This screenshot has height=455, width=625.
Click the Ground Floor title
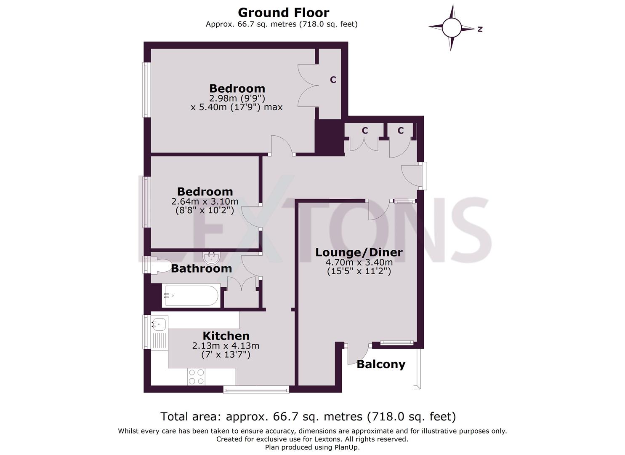[283, 13]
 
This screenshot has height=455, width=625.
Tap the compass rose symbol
[451, 28]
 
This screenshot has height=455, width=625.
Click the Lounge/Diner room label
[359, 252]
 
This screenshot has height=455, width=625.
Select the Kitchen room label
[226, 336]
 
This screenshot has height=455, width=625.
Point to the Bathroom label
[201, 268]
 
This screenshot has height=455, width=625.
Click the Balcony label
[381, 364]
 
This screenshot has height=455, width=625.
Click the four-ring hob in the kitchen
[196, 377]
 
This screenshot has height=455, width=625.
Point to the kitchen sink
[160, 324]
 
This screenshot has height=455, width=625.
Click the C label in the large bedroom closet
[333, 80]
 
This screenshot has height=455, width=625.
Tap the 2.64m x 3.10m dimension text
[205, 201]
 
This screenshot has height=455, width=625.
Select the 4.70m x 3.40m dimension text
[359, 262]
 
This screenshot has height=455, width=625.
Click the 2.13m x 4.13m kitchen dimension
[226, 346]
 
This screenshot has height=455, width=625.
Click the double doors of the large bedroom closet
[308, 85]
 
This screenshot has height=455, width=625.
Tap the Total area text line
[308, 417]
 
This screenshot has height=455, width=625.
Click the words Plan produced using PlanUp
[312, 447]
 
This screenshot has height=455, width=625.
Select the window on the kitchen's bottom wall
[256, 390]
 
